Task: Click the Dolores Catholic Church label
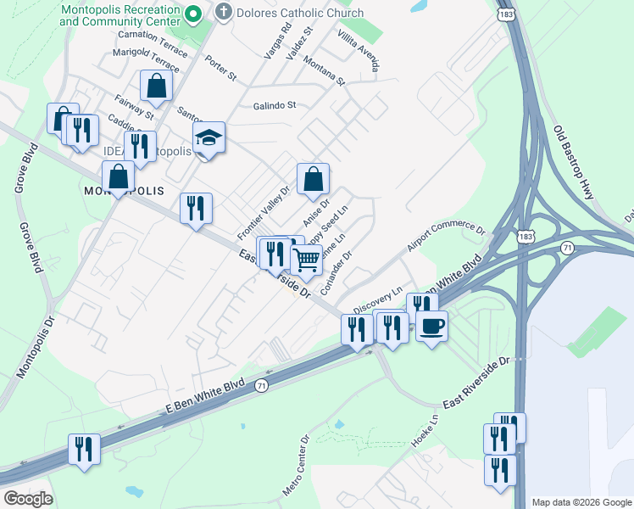point(300,13)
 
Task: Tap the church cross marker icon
point(224,12)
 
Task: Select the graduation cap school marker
point(209,137)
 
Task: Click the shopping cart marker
point(306,260)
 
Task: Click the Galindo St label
point(274,106)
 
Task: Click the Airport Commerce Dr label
point(446,238)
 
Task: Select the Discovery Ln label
point(377,299)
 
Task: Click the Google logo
point(28,499)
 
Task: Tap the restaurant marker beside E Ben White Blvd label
point(84,448)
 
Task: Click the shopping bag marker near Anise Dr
point(313,178)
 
